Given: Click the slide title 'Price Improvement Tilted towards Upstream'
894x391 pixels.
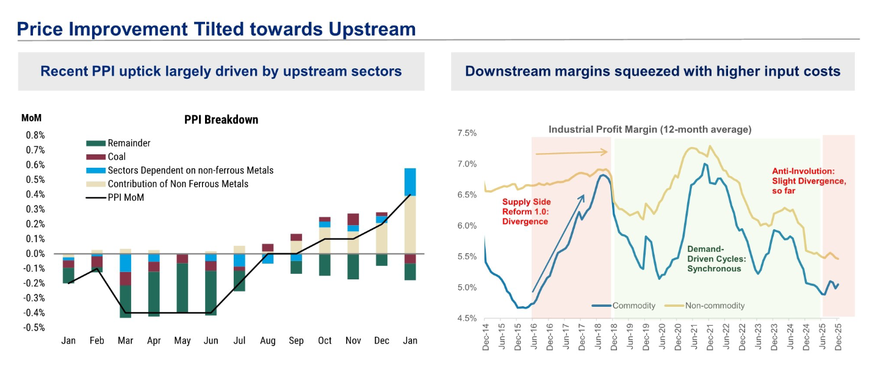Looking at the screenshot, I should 216,29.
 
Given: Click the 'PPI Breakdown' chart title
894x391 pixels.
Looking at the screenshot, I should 221,120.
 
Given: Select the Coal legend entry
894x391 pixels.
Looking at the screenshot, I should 117,157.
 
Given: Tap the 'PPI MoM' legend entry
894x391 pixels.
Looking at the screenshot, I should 126,197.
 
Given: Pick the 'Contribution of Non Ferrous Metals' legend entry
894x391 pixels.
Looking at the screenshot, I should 178,184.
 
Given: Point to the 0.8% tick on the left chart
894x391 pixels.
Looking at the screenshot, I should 34,135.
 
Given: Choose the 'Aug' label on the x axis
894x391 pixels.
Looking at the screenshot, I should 267,340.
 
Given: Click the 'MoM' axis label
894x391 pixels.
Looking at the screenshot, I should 31,118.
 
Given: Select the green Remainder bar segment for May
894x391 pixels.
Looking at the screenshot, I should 182,287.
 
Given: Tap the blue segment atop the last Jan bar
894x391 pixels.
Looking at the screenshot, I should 410,181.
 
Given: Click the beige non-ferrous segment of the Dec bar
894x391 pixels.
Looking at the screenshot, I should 381,239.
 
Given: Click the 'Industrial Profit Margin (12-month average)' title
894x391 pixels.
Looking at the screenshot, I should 650,129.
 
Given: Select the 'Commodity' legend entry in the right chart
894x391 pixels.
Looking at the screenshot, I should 633,306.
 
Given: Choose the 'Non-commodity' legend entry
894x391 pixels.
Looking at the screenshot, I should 714,306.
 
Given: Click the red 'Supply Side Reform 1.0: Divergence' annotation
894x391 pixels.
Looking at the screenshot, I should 525,212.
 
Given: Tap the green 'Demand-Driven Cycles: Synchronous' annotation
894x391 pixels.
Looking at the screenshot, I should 714,259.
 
